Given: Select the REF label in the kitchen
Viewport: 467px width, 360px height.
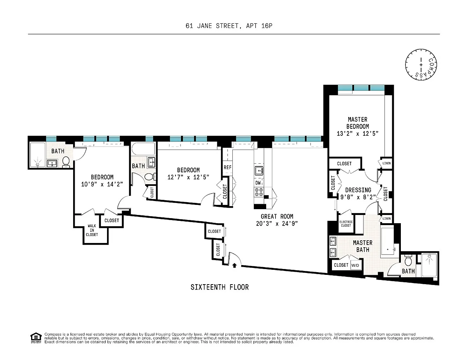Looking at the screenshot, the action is click(227, 167).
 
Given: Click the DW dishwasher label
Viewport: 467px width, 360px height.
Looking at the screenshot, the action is click(258, 183).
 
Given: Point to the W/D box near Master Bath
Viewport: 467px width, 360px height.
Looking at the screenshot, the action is click(355, 265).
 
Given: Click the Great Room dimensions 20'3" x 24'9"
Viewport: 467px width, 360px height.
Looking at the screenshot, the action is click(277, 224).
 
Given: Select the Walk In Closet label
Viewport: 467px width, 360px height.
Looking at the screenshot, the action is click(92, 230).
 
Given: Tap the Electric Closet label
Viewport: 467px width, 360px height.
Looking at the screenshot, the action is click(346, 224).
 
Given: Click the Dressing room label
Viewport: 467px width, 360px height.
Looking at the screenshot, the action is click(358, 190).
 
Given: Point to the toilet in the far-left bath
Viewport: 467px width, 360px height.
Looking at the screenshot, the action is click(66, 162).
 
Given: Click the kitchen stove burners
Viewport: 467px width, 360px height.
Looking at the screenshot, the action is click(259, 192).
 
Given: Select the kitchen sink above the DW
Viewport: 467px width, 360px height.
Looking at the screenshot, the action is click(259, 171).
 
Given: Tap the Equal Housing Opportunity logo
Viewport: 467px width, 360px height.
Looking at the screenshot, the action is click(36, 338).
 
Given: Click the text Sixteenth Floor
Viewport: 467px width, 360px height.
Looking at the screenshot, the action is click(219, 287).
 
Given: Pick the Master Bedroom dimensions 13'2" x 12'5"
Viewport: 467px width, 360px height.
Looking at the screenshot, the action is click(357, 133).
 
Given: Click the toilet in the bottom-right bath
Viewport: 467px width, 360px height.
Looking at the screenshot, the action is click(408, 260).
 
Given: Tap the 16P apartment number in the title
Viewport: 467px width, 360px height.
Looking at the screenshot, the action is click(267, 26).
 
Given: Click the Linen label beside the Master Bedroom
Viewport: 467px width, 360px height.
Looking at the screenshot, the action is click(386, 163).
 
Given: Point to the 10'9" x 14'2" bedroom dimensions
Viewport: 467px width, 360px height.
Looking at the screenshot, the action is click(102, 184).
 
